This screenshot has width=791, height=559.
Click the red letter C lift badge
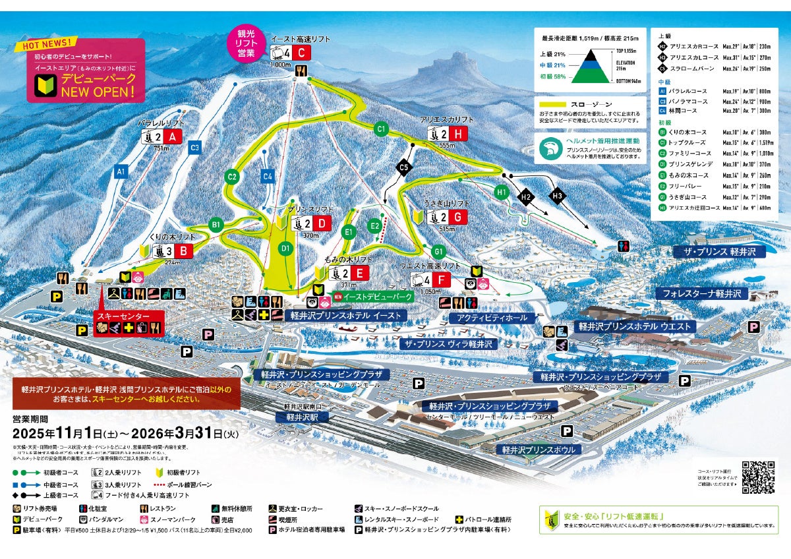click(301, 53)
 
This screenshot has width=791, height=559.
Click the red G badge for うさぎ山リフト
click(459, 217)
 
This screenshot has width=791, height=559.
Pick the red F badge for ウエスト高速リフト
click(442, 280)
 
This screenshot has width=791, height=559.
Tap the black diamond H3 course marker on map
click(557, 196)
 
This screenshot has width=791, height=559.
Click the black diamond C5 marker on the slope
click(404, 168)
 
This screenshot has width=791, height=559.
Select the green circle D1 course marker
click(285, 249)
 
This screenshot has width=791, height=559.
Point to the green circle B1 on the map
click(216, 225)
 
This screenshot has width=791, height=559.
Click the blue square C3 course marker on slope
click(194, 148)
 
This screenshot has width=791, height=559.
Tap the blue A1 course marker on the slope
click(120, 171)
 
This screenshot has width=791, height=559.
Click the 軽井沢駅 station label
click(297, 417)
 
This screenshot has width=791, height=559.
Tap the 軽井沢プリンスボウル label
click(538, 450)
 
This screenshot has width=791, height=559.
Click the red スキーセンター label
click(123, 316)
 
